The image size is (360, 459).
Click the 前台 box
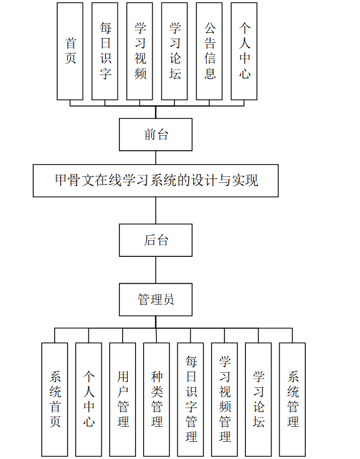click(156, 135)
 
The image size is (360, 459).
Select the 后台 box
click(156, 240)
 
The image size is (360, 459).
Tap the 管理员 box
click(156, 299)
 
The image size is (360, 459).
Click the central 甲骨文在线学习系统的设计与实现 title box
click(156, 181)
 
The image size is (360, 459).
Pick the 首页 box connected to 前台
click(70, 51)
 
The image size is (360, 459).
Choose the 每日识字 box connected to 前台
click(105, 51)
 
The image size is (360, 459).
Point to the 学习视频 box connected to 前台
click(140, 51)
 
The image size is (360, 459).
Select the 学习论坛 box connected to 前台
click(175, 51)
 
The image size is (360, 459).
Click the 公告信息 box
click(209, 51)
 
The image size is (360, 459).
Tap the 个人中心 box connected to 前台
click(244, 51)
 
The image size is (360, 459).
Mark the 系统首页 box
click(55, 399)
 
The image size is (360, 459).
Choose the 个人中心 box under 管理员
click(89, 399)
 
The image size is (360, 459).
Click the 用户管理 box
click(123, 399)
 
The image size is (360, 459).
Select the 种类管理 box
click(157, 399)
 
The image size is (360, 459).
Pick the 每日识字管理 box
click(191, 399)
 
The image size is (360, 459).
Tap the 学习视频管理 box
click(225, 399)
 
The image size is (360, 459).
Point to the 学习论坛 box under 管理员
click(259, 399)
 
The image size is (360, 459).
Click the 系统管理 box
click(292, 399)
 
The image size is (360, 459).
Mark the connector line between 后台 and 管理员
click(156, 270)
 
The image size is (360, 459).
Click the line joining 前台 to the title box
click(156, 158)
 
